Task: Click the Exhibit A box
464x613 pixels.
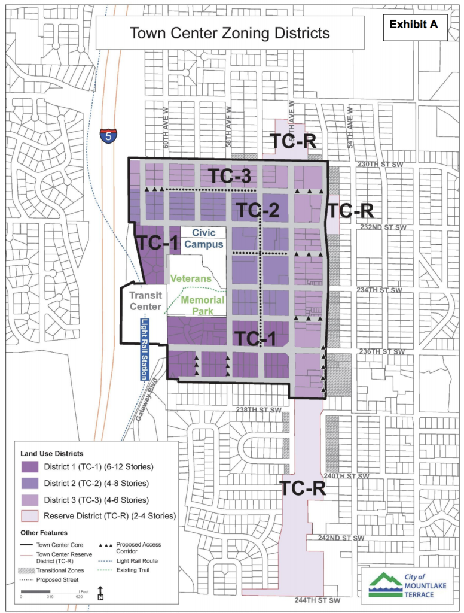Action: click(413, 25)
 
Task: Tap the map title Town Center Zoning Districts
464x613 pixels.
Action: click(230, 32)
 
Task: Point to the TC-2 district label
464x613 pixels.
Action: click(258, 210)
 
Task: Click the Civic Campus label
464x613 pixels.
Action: click(203, 239)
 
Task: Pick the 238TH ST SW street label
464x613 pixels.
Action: click(258, 410)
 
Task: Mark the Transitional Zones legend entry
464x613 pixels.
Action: click(28, 569)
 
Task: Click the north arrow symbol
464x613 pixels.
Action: click(100, 593)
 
